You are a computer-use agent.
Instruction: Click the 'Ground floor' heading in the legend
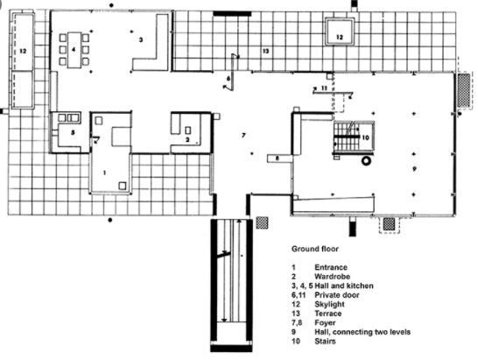click(x=315, y=249)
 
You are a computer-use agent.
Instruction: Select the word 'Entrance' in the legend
click(x=331, y=267)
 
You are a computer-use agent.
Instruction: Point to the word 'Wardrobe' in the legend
click(x=333, y=277)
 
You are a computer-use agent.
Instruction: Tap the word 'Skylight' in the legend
click(x=329, y=305)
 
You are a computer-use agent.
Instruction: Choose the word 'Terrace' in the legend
click(x=328, y=314)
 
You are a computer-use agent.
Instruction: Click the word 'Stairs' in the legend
click(x=325, y=341)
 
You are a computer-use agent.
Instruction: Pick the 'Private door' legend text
click(x=337, y=295)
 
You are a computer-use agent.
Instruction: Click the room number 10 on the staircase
click(x=365, y=138)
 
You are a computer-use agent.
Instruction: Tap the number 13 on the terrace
click(x=266, y=51)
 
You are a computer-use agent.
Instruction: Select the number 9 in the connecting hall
click(x=414, y=168)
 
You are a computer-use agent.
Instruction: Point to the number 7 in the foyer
click(x=243, y=135)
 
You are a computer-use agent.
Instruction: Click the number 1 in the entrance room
click(x=104, y=173)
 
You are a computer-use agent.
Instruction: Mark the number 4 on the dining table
click(x=74, y=49)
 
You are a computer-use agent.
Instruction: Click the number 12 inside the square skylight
click(x=340, y=37)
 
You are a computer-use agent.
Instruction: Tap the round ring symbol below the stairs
click(x=366, y=161)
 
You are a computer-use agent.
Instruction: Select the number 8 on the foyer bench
click(x=278, y=159)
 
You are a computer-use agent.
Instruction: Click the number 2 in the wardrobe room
click(x=187, y=140)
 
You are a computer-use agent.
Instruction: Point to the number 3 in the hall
click(x=141, y=39)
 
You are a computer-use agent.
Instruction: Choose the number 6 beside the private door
click(x=228, y=79)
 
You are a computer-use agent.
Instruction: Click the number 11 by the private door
click(x=324, y=88)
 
